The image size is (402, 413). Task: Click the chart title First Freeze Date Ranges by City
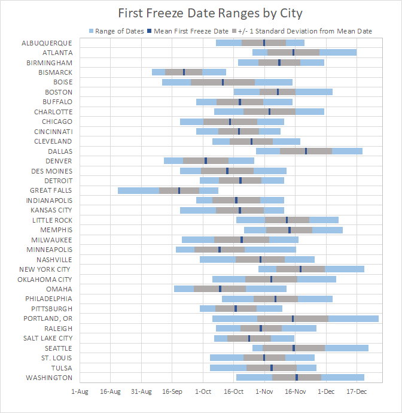pos(200,13)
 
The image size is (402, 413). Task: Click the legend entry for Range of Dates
pos(117,31)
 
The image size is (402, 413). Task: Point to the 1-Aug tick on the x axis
pos(80,391)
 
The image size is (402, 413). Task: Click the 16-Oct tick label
pos(233,391)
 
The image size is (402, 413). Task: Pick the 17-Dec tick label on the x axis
pos(357,391)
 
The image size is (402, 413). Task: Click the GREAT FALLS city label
pos(51,190)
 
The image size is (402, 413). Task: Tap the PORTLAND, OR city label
pos(48,318)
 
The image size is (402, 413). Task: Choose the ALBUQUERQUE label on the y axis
pos(47,43)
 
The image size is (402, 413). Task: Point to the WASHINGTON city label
pos(49,378)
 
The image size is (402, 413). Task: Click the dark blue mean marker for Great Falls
pos(179,190)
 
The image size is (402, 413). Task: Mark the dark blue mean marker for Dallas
pos(306,151)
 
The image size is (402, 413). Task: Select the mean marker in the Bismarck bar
pos(184,72)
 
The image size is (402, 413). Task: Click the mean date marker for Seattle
pos(294,348)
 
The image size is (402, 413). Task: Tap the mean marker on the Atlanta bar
pos(293,53)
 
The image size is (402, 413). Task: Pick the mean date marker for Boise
pos(223,82)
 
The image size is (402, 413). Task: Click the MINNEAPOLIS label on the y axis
pos(49,250)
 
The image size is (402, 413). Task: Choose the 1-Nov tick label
pos(264,391)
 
